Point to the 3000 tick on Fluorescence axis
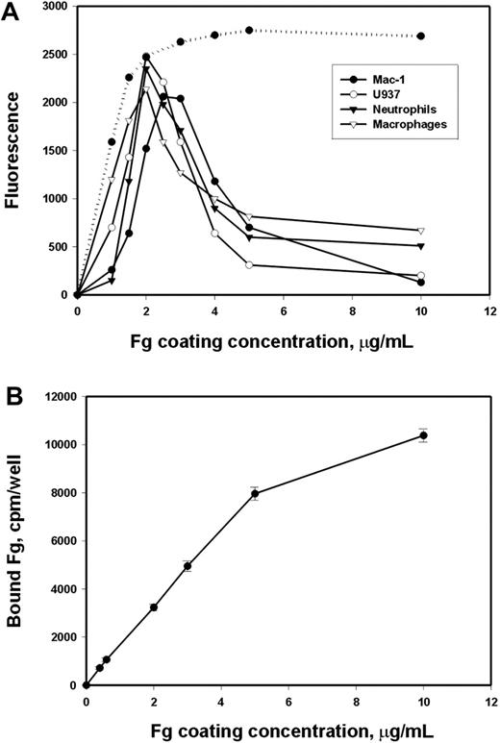pyautogui.click(x=54, y=7)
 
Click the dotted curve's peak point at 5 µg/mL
pyautogui.click(x=249, y=31)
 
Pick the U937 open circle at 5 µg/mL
pyautogui.click(x=249, y=264)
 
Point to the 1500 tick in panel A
pyautogui.click(x=54, y=151)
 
